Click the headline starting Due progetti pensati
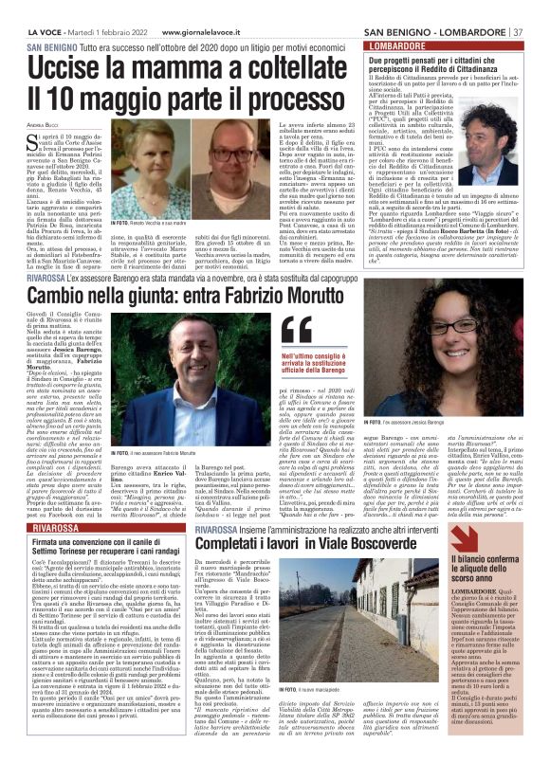tap(442, 63)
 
